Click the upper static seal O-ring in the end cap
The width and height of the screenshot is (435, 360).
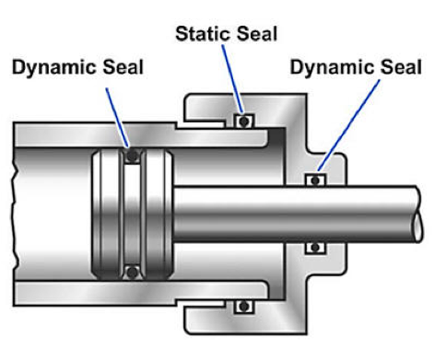tap(244, 121)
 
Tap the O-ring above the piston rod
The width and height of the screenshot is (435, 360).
tap(315, 180)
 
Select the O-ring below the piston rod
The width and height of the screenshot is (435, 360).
tap(315, 246)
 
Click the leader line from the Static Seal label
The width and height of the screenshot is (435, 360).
tap(234, 78)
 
